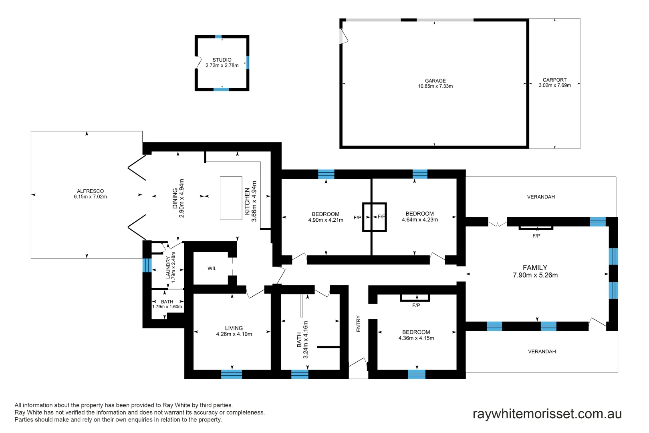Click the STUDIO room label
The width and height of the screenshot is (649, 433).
[222, 60]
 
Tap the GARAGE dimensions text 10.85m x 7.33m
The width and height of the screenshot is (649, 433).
[435, 86]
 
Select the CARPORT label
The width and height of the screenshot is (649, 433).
[554, 80]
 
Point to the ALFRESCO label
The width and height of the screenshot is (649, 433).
[90, 191]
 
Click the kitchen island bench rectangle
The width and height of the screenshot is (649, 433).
[231, 198]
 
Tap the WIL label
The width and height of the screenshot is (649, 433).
[212, 269]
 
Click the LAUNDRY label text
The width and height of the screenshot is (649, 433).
[168, 267]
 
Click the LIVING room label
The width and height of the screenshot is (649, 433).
[234, 328]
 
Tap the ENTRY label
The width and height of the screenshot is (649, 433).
[359, 324]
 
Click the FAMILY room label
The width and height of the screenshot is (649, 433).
[535, 267]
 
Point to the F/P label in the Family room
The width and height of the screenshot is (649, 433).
[536, 236]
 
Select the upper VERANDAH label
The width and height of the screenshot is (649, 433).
[541, 197]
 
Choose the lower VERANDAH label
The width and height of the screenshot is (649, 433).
[542, 352]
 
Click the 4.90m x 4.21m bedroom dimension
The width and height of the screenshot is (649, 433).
[325, 220]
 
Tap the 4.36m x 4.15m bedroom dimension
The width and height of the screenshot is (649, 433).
[416, 338]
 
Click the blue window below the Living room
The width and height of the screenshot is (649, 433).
[232, 374]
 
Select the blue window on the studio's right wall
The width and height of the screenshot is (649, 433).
[248, 62]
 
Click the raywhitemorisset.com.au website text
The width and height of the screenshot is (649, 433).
[547, 414]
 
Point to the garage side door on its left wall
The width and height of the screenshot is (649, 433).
[343, 36]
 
